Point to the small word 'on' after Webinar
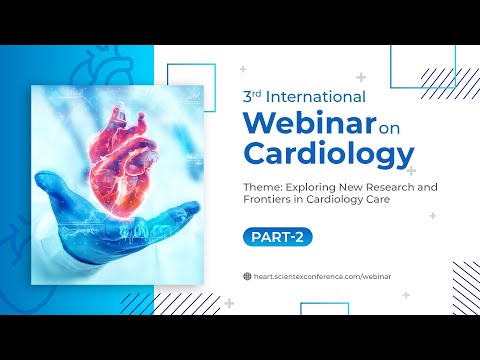point(392,127)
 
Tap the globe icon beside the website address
point(247,275)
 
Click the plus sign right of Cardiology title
point(411,171)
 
